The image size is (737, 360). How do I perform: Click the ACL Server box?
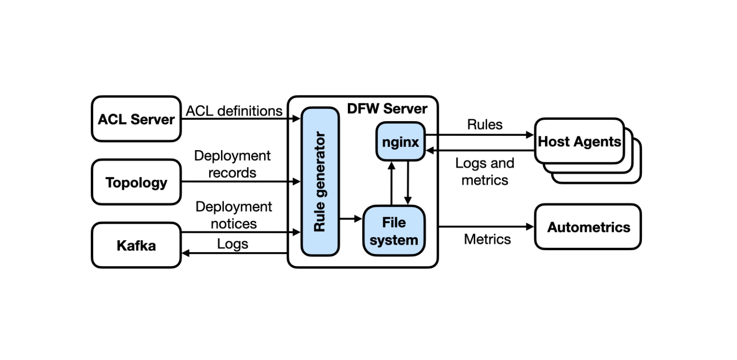coord(136,119)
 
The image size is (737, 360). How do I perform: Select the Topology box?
coord(136,182)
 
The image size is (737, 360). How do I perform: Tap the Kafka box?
coord(136,245)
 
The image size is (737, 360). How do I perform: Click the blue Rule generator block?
coord(320,182)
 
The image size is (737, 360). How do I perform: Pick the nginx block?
coord(400,142)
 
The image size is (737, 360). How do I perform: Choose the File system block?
coord(394,231)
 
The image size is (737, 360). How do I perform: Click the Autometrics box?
coord(588,227)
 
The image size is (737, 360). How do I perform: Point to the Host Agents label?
coord(579,141)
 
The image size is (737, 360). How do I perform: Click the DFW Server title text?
coord(387,109)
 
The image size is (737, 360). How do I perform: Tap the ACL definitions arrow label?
coord(233,111)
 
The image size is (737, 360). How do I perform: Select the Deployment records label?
coord(232,164)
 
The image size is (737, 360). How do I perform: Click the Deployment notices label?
coord(233,215)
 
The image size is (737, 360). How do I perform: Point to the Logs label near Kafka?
coord(232,244)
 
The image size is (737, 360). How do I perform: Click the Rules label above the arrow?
coord(484,124)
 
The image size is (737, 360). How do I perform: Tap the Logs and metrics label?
coord(484,171)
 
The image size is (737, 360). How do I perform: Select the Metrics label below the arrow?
coord(487,239)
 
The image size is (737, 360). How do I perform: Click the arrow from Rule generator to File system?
coord(351,219)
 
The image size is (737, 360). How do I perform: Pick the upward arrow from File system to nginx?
coord(391,183)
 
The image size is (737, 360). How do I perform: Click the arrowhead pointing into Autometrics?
coord(530,226)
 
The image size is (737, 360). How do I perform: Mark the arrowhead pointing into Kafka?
coord(186,253)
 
